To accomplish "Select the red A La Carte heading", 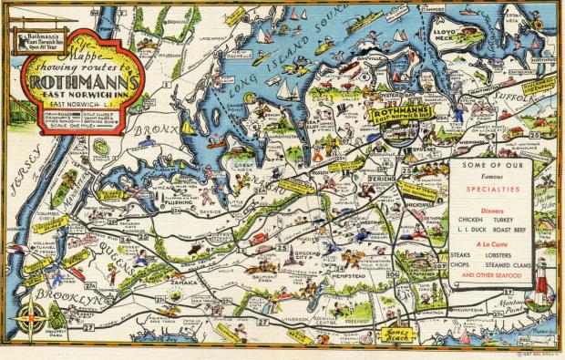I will [492, 244].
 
